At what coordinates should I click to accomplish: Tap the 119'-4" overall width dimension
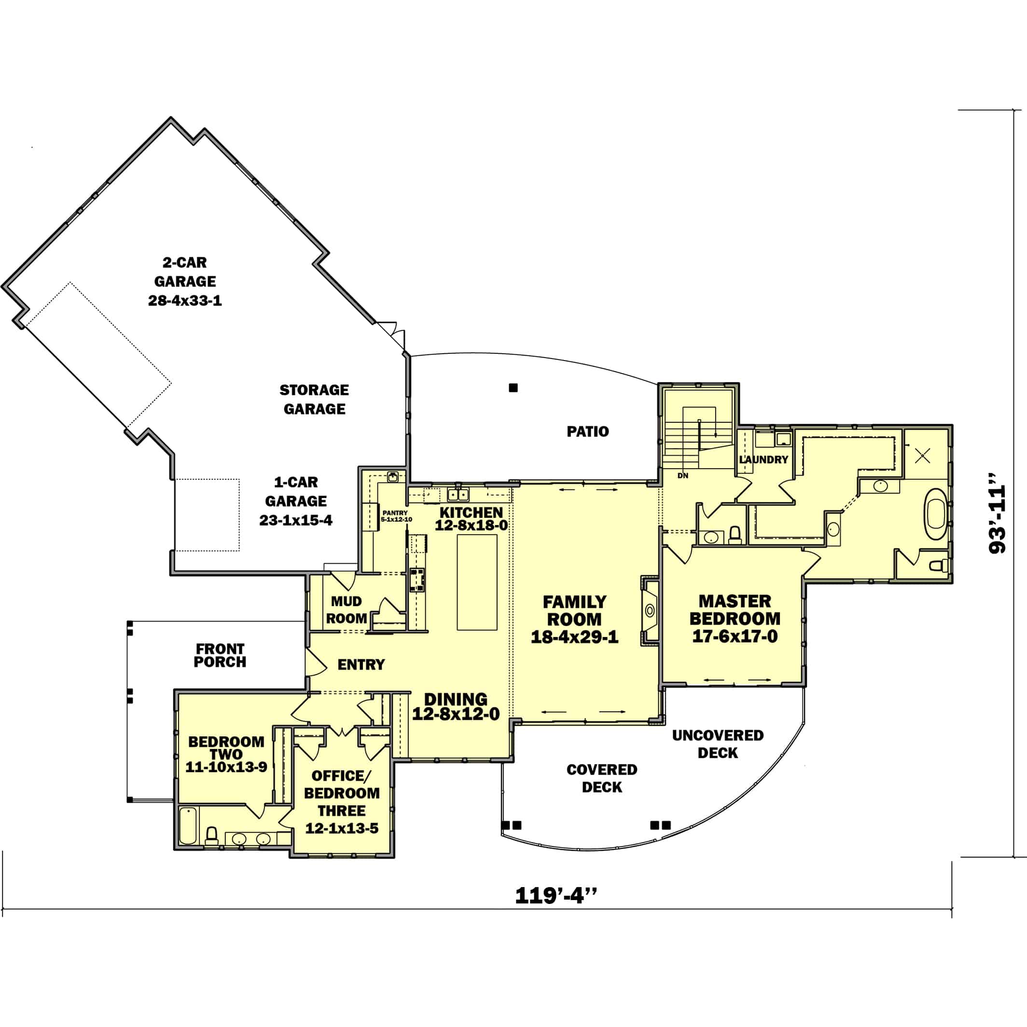pos(555,895)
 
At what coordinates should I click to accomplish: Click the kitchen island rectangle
pos(477,582)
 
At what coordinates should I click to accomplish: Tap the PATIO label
pos(587,431)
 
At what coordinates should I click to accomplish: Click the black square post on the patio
pos(513,388)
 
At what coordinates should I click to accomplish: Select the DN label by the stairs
pos(682,475)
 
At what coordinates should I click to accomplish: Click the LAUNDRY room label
pos(763,459)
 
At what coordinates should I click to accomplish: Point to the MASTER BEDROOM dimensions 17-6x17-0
pos(735,636)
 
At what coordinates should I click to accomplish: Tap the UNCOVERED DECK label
pos(718,744)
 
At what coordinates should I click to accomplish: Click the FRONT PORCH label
pos(220,655)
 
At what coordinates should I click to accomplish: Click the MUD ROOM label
pos(346,610)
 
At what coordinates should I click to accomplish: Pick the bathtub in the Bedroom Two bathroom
pos(188,826)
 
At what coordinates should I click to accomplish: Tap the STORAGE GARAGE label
pos(314,399)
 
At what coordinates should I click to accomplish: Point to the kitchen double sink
pos(458,495)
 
